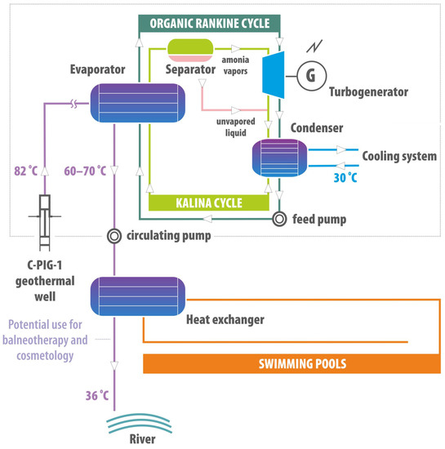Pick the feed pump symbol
(x=280, y=219)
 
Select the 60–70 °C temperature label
(x=85, y=171)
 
